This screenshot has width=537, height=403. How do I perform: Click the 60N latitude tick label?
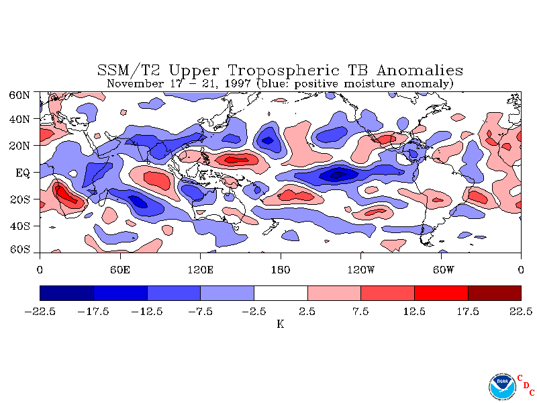(19, 95)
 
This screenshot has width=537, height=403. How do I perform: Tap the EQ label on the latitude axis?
(23, 173)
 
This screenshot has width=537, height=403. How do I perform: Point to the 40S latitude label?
(20, 226)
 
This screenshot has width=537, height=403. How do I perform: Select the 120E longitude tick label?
(200, 270)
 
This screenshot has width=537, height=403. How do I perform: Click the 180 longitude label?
(281, 270)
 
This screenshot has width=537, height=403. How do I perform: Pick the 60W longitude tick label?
(443, 270)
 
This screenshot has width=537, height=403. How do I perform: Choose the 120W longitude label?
(361, 270)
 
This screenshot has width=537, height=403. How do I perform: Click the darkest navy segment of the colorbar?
(66, 293)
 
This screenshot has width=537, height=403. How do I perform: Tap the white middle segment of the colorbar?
(281, 293)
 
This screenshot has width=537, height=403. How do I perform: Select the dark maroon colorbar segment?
(495, 293)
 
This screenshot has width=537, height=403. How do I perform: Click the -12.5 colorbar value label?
(146, 312)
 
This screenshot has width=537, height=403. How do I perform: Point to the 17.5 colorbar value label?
(468, 312)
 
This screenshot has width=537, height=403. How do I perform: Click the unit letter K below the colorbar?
(281, 324)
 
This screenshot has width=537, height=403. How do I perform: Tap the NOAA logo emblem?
(502, 387)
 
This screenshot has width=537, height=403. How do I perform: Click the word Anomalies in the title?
(420, 71)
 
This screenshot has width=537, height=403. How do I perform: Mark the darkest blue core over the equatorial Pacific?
(338, 175)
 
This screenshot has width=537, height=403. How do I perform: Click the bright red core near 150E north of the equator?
(236, 159)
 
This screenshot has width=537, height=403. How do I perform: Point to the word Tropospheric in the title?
(284, 71)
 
